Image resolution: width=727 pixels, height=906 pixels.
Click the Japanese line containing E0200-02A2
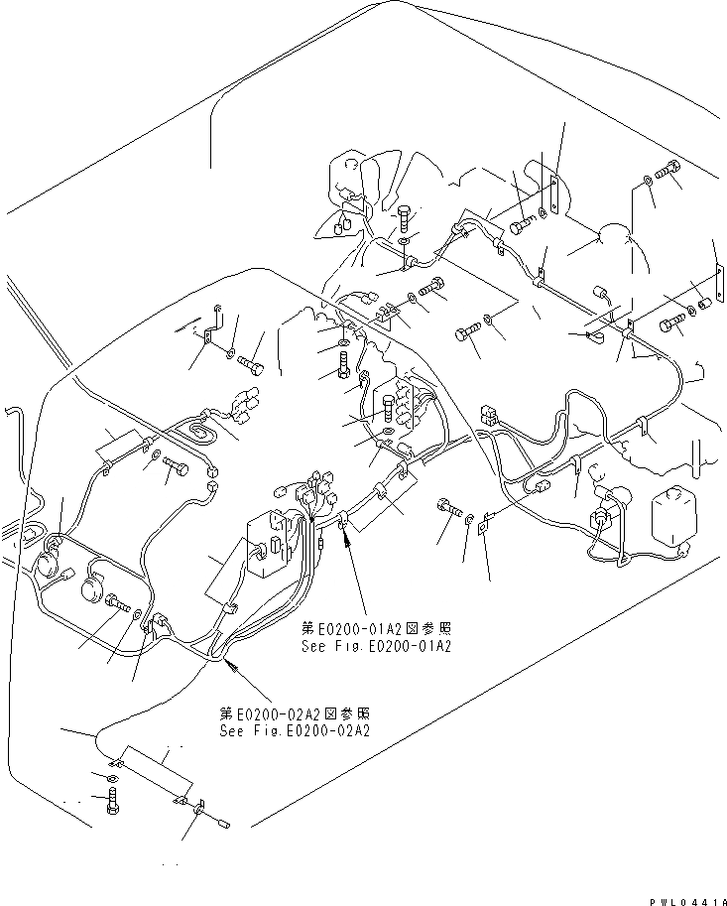(x=296, y=714)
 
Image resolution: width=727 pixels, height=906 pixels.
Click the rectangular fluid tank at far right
(x=670, y=517)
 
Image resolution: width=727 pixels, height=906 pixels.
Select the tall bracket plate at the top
(x=554, y=194)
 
